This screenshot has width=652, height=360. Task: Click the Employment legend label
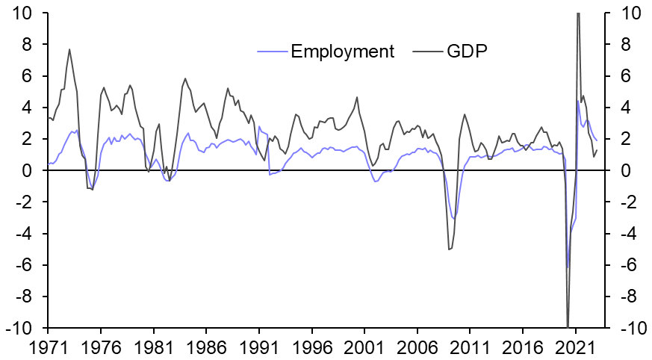343,52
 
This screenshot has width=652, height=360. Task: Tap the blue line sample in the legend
272,52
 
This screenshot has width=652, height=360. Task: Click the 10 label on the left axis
23,13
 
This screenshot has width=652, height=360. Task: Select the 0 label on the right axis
616,171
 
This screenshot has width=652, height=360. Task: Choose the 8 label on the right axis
616,45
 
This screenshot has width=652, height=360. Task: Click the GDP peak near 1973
69,49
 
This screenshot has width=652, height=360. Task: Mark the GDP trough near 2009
449,249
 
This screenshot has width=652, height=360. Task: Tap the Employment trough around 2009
453,219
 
